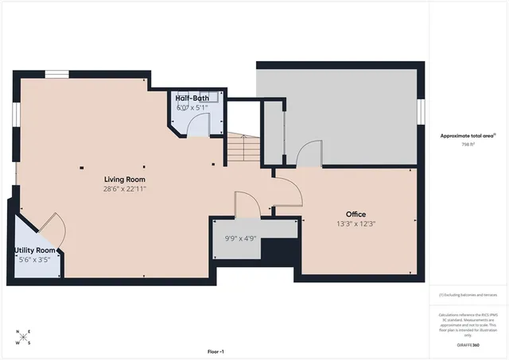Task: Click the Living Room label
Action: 124,179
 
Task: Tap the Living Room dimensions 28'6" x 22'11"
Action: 124,189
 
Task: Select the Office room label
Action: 356,215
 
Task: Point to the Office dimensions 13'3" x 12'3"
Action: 356,224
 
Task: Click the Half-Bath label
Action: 192,98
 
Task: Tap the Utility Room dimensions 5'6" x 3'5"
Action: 35,260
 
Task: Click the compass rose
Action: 24,337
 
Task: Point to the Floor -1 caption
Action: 216,351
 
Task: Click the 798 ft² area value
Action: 469,145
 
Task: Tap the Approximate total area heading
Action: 468,135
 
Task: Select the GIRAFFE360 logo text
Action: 469,346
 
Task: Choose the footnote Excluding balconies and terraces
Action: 469,294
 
